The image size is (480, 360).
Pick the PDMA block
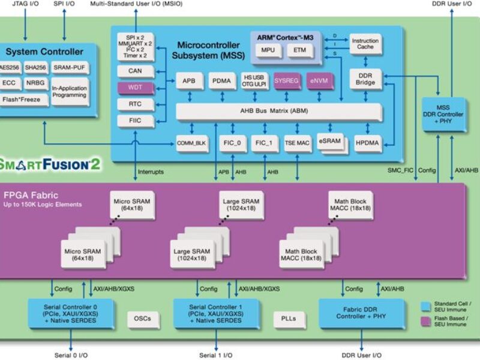(221, 81)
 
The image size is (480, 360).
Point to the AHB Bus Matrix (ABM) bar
(278, 111)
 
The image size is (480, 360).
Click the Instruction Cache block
(365, 44)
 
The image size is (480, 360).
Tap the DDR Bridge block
(365, 80)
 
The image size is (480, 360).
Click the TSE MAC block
(297, 143)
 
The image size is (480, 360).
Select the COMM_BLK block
(191, 143)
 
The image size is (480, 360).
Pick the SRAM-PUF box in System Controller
(69, 67)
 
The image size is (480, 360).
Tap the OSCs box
(142, 319)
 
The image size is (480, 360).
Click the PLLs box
(288, 319)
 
